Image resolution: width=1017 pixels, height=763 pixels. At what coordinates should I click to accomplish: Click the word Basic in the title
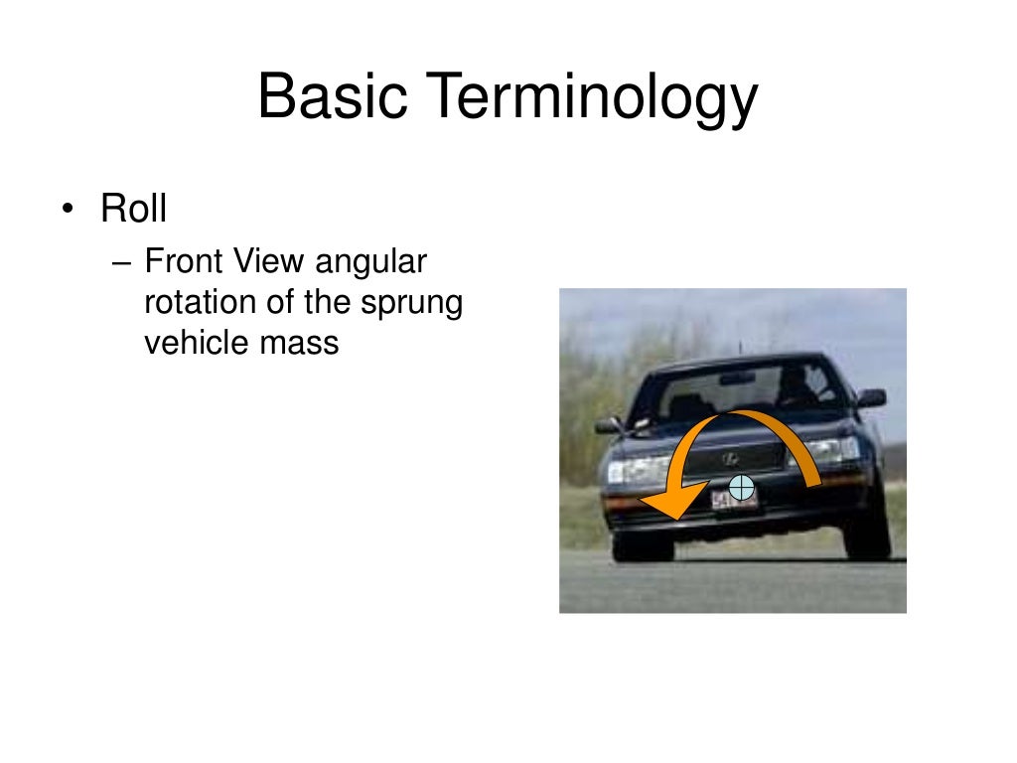pos(331,98)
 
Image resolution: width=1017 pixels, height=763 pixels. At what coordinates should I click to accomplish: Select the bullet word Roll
pos(133,210)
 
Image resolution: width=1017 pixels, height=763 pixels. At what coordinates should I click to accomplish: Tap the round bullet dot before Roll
pos(68,211)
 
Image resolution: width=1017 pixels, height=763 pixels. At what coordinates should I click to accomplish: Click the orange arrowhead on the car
pos(669,497)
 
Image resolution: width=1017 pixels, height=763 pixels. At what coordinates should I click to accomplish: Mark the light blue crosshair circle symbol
pos(741,488)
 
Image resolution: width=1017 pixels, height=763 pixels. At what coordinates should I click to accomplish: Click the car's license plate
pos(734,500)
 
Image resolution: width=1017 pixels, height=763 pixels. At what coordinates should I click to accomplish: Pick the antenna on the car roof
pos(739,348)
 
